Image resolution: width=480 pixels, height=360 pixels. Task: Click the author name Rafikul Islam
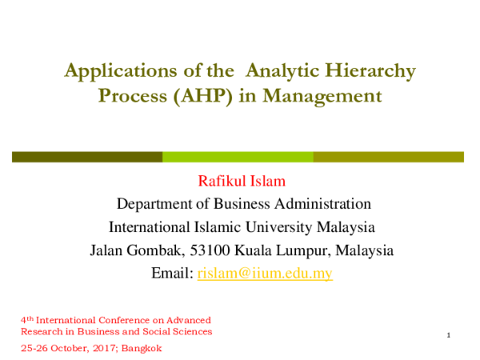pos(240,181)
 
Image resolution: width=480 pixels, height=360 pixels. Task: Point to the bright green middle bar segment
pos(238,157)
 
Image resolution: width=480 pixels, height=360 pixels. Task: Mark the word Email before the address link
pos(170,274)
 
